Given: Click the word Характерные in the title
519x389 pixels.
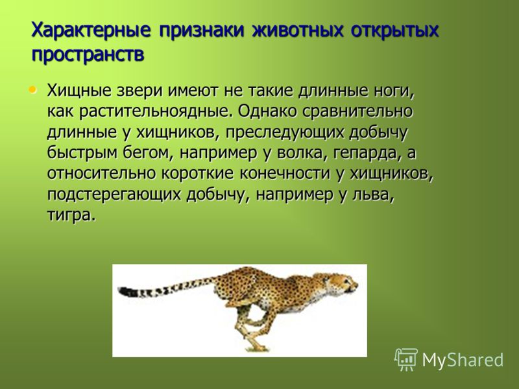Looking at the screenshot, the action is point(91,31).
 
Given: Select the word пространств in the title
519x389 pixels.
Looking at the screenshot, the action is point(88,54).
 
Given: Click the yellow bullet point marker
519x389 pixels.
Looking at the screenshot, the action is point(32,89).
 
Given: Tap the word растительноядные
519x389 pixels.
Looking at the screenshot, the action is point(154,112).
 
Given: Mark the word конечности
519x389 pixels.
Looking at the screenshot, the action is point(285,174).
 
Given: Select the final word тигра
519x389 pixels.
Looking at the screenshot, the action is point(71,215).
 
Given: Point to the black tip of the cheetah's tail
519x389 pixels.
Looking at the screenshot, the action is point(126,291).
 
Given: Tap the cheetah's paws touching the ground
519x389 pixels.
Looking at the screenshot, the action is point(257,348).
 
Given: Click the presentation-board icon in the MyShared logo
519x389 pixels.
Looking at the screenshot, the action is point(406,360).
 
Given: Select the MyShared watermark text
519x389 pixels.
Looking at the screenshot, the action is point(463,360).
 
